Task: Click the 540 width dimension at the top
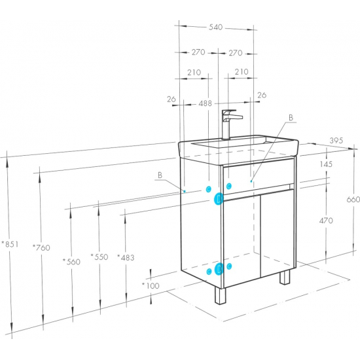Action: pos(215,27)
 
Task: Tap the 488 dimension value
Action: pos(205,103)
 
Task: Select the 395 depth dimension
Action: pos(336,140)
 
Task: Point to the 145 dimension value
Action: pos(326,164)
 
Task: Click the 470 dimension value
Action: pos(326,221)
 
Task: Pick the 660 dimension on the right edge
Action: pos(353,199)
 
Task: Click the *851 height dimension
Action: pos(10,244)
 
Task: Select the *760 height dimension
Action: pos(41,247)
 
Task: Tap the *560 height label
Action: pos(71,262)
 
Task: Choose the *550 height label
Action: pos(99,257)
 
